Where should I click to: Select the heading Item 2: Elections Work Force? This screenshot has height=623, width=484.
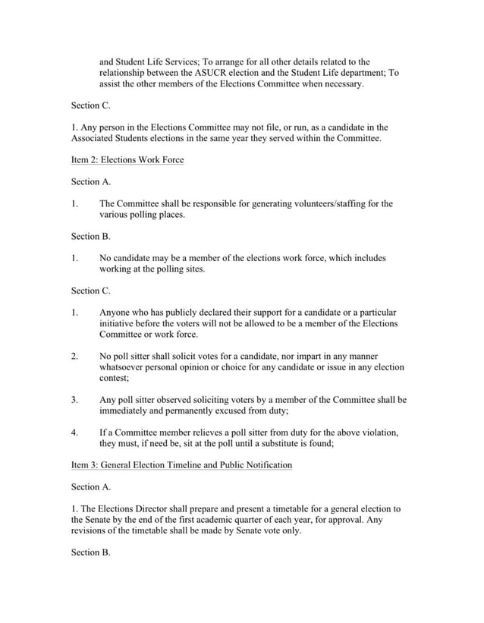(x=127, y=160)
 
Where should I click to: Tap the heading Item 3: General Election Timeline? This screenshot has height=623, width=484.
(x=181, y=465)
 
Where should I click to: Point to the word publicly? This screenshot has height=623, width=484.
(x=174, y=313)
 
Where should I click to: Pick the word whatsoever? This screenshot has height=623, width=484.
(x=127, y=367)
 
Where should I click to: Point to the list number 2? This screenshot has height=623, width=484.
(x=74, y=356)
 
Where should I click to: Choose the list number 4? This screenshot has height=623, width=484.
(x=74, y=433)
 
